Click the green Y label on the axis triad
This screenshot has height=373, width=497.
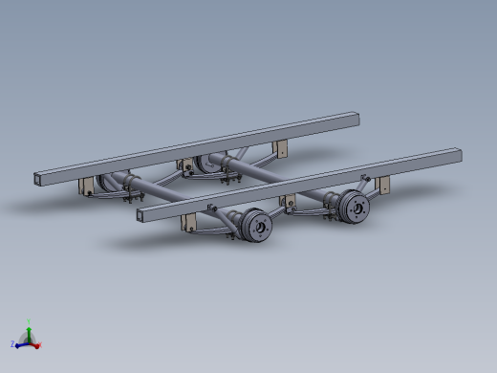point(30,321)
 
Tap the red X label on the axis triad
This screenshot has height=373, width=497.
point(40,345)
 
